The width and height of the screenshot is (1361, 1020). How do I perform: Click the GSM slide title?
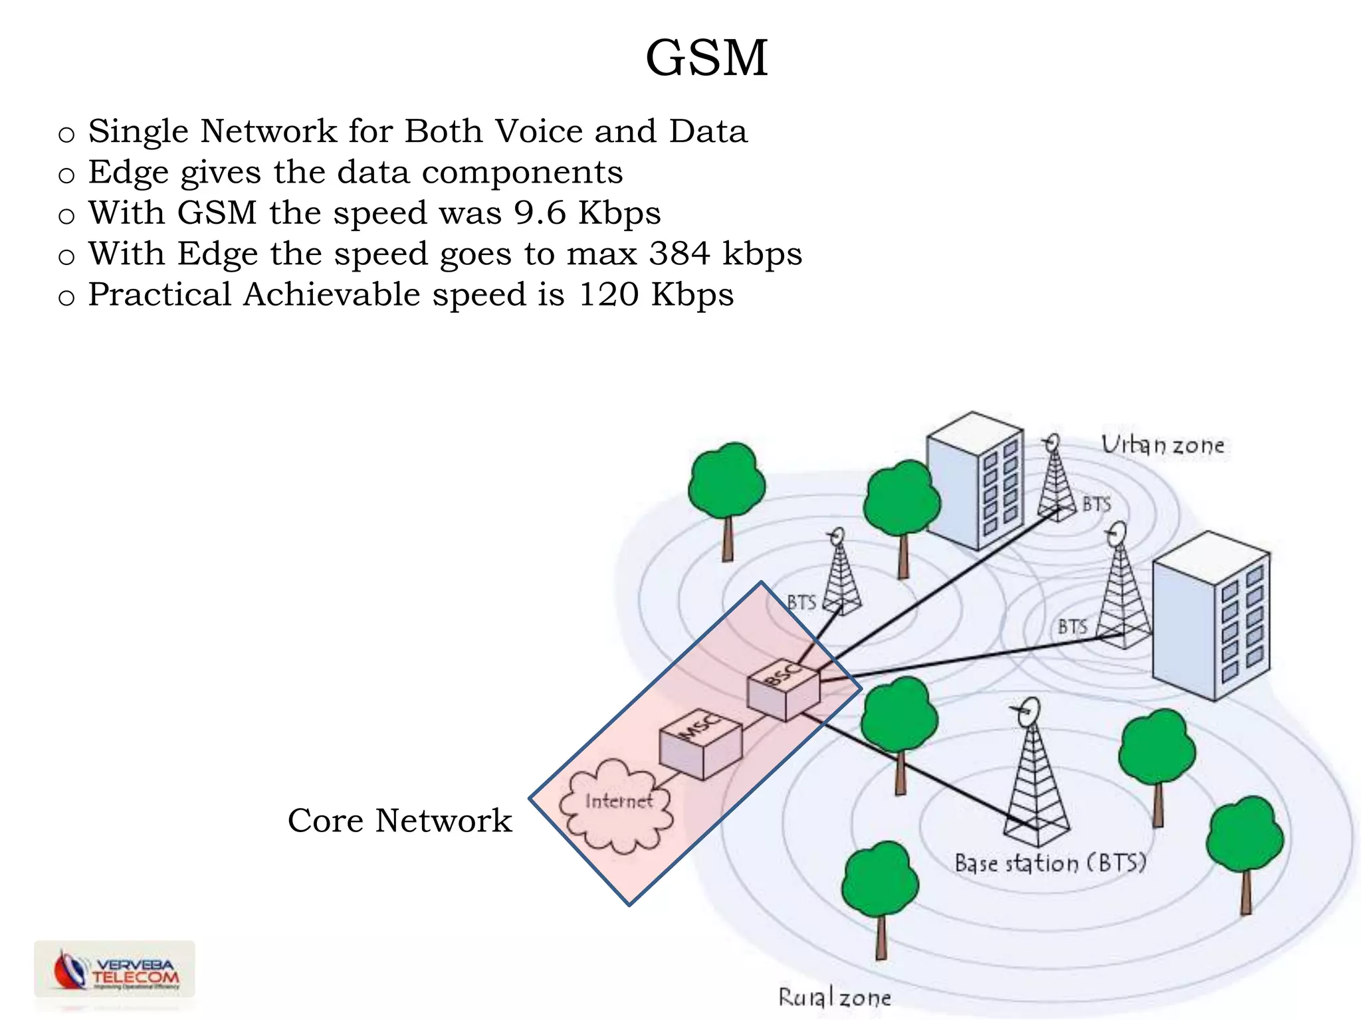point(706,58)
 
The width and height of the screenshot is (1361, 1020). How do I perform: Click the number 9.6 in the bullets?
point(540,214)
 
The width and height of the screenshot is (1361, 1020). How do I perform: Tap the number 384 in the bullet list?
point(679,254)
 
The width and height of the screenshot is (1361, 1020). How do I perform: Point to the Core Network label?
point(399,821)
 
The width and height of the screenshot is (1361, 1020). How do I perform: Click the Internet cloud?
point(617,806)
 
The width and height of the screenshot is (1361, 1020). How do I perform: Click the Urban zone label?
point(1162,445)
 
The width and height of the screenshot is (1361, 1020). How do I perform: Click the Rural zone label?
point(835,997)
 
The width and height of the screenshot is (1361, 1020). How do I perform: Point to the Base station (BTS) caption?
point(1050,863)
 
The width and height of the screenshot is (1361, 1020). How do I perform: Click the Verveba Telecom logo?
point(114,970)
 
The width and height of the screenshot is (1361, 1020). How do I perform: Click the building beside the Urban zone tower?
point(975,481)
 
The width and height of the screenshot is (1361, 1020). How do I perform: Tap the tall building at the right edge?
point(1211,618)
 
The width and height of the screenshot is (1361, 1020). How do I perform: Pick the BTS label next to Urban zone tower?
point(1097,504)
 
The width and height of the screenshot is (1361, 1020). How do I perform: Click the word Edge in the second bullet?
point(128,173)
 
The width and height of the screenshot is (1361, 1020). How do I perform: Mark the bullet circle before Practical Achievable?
point(66,297)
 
